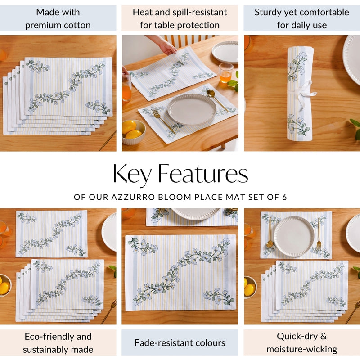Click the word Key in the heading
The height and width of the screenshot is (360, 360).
click(133, 175)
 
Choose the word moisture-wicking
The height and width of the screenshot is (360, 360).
click(301, 349)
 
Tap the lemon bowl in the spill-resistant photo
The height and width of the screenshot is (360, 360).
click(133, 131)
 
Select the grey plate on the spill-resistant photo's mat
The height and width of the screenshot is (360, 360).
click(185, 110)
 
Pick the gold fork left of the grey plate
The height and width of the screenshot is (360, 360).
click(162, 119)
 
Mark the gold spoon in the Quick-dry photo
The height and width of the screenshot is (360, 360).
click(270, 234)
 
